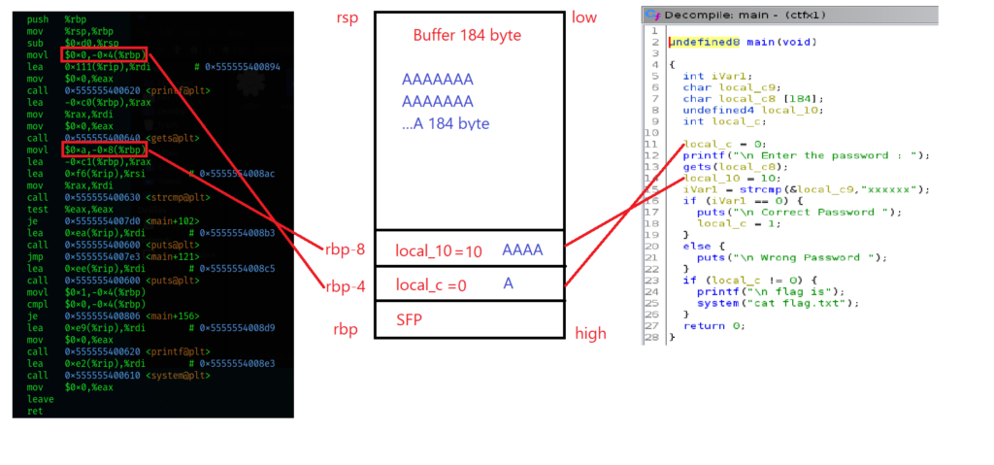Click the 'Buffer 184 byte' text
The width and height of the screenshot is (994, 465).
[x=469, y=35]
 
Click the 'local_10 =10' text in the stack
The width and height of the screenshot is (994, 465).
[x=437, y=250]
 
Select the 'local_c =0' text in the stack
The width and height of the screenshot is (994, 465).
[x=432, y=284]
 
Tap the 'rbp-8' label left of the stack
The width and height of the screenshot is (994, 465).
[x=346, y=249]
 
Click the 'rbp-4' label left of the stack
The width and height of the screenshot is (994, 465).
[x=346, y=284]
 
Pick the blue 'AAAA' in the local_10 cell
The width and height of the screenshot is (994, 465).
[x=522, y=250]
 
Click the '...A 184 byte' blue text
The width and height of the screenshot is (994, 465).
[x=446, y=123]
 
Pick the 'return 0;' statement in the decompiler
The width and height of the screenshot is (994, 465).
[x=713, y=325]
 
